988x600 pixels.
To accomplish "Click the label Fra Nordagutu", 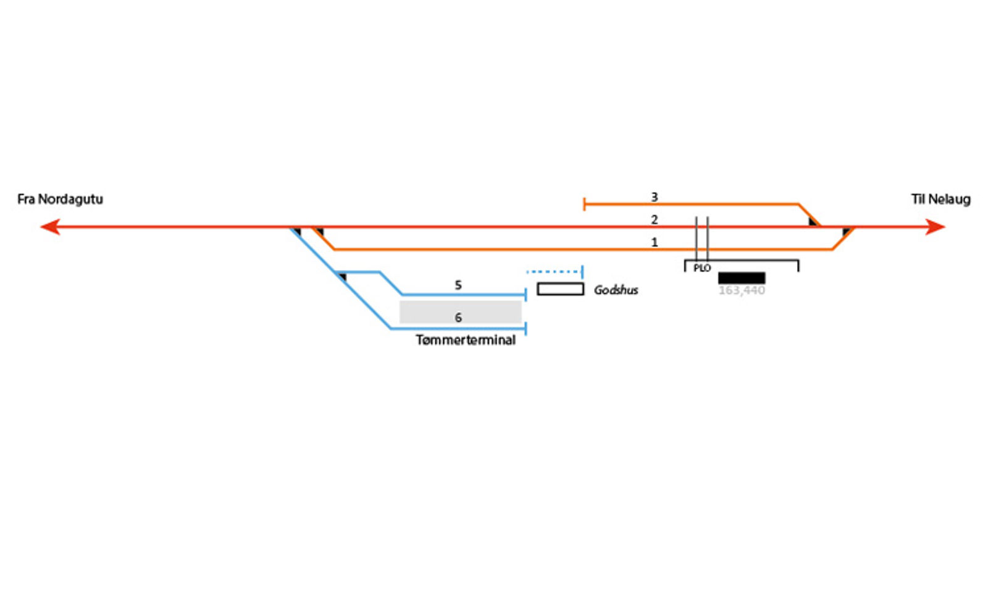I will (x=60, y=199).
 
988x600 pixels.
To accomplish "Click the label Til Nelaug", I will (x=940, y=199).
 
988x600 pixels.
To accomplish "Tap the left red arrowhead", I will (x=50, y=227).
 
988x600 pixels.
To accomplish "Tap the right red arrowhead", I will (x=936, y=227).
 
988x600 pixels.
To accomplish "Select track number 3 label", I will (x=655, y=197).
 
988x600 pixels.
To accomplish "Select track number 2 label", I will (x=655, y=219).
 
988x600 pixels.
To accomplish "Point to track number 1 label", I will (x=655, y=242).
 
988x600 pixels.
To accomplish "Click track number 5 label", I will (x=458, y=285).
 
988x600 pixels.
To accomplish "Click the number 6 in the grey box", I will (x=458, y=317).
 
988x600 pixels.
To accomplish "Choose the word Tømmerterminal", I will (x=466, y=340).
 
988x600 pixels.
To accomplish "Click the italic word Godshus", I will (x=616, y=290).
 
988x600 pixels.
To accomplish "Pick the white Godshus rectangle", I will (x=560, y=289).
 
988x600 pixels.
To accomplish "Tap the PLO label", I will (x=702, y=268).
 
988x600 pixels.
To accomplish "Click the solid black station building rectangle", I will (x=742, y=278).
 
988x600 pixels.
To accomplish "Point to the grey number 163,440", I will (x=742, y=290).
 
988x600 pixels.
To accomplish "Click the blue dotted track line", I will (x=553, y=272).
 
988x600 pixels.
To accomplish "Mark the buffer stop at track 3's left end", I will (x=584, y=204).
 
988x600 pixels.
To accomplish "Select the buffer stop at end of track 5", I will (x=525, y=295).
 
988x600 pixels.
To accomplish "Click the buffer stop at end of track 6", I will (x=525, y=328).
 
